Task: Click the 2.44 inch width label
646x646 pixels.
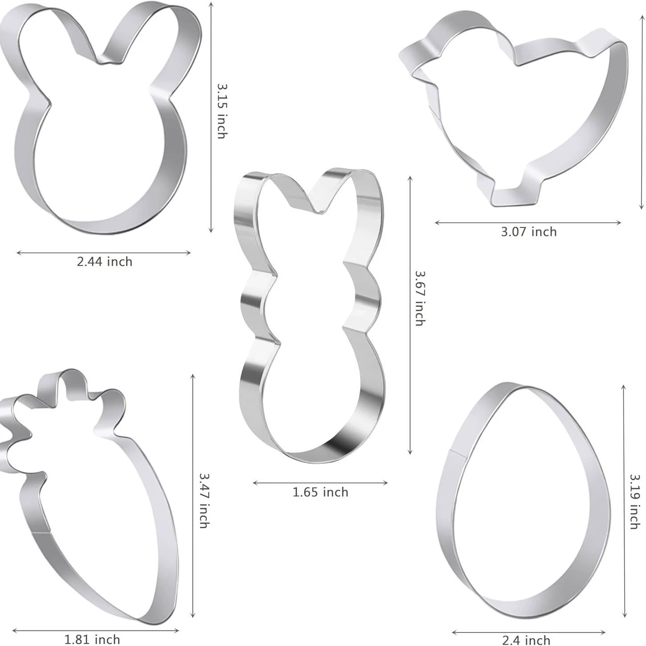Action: tap(104, 262)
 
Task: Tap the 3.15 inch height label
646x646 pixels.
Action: tap(221, 111)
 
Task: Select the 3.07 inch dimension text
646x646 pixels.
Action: tap(529, 232)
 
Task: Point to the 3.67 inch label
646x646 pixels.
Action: tap(419, 298)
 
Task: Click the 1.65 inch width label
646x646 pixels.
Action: tap(321, 492)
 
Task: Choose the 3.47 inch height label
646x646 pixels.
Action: tap(204, 500)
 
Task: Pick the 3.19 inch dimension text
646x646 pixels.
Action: tap(634, 502)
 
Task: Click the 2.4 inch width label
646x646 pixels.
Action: tap(526, 640)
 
